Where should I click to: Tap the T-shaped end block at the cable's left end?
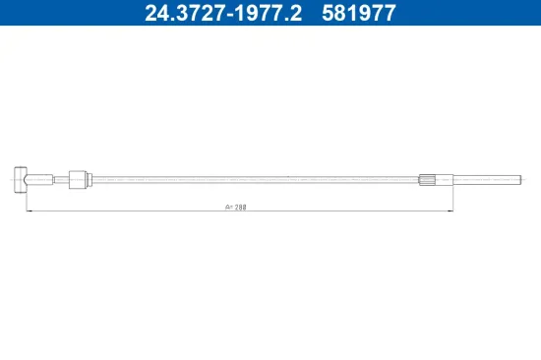click(x=21, y=179)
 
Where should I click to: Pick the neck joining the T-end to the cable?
click(x=39, y=179)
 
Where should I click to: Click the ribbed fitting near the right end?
click(x=427, y=179)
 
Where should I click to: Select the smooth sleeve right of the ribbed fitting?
click(x=445, y=179)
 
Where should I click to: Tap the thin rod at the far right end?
click(x=487, y=179)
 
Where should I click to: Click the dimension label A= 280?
click(x=237, y=208)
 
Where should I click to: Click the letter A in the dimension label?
click(x=226, y=208)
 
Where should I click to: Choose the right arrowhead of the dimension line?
click(x=450, y=210)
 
